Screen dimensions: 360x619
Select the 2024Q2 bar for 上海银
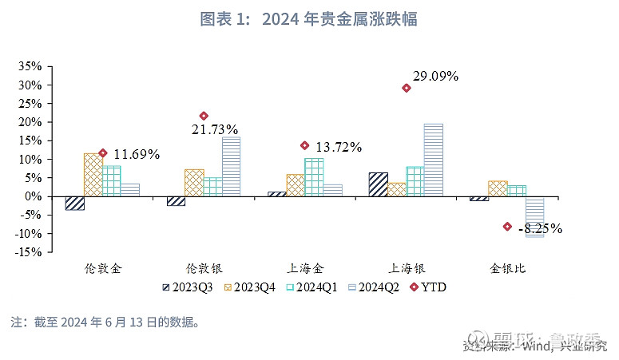pos(434,160)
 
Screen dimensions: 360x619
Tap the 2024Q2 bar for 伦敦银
pos(231,166)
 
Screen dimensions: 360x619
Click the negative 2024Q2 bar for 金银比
pos(534,216)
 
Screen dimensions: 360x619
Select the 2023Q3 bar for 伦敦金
pos(74,203)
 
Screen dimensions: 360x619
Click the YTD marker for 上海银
pos(407,89)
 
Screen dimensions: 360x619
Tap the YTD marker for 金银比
pos(507,227)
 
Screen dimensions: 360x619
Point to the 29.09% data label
pos(435,77)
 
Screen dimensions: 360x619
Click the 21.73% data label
pos(214,129)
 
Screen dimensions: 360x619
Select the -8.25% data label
pos(540,229)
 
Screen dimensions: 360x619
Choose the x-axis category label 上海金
pos(304,269)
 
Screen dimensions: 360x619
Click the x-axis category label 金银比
pos(507,269)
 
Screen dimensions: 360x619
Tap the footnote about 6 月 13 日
pos(104,322)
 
